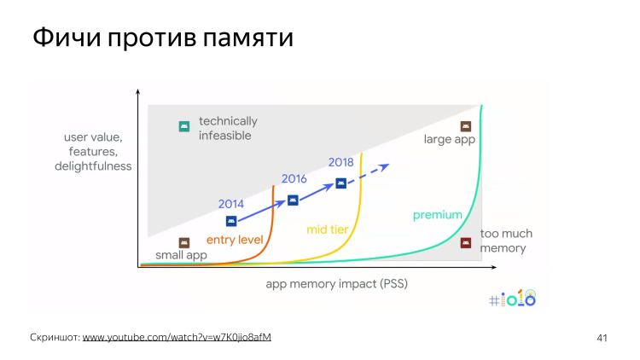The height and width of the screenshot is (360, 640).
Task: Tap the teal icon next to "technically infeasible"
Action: point(183,126)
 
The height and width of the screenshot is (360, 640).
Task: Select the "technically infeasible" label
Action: point(227,128)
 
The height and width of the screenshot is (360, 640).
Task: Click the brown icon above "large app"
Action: point(466,125)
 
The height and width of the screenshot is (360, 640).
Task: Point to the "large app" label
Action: point(449,141)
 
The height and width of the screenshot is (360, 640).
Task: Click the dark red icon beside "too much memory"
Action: point(465,242)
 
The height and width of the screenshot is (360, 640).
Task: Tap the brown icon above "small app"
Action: point(183,243)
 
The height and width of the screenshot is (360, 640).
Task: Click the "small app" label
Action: point(181,256)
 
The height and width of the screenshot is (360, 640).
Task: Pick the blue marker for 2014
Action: point(230,221)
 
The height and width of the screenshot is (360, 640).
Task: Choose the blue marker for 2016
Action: point(293,200)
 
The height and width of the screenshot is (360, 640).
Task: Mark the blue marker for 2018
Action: point(341,183)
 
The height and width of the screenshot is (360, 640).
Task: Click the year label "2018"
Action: point(340,162)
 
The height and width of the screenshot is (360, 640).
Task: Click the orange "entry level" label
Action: point(235,240)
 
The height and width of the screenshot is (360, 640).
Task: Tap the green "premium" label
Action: point(438,215)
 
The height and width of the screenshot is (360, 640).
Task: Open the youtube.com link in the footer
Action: point(177,337)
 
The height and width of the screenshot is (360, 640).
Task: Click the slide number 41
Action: point(602,338)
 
